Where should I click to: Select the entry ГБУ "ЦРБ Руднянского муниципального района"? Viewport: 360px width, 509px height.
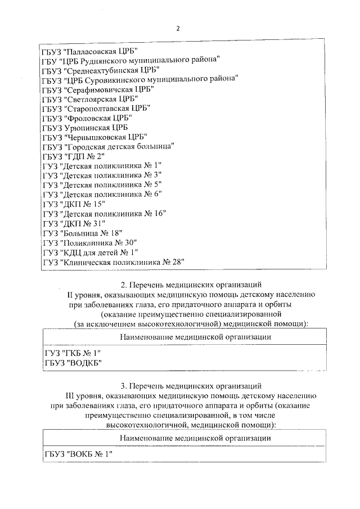130,60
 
